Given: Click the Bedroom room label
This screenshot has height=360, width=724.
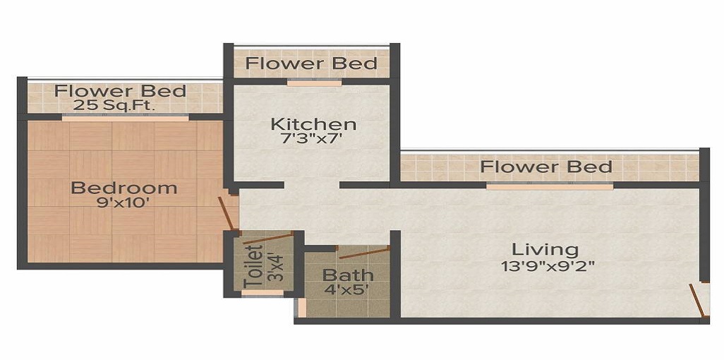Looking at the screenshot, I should pyautogui.click(x=124, y=188).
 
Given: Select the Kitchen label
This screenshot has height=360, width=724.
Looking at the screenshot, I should pyautogui.click(x=313, y=125).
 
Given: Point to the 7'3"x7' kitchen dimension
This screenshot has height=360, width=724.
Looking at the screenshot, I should pyautogui.click(x=313, y=140).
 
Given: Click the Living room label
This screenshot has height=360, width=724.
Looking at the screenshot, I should pyautogui.click(x=545, y=249).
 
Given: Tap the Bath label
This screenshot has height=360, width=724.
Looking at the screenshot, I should pyautogui.click(x=348, y=275).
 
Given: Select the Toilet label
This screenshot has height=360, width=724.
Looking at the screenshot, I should pyautogui.click(x=253, y=266).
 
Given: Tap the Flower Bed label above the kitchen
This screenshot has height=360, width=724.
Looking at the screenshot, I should pyautogui.click(x=311, y=64).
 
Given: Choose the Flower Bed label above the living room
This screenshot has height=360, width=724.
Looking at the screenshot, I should pyautogui.click(x=545, y=167).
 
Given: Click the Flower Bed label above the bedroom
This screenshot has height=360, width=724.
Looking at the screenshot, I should pyautogui.click(x=121, y=91).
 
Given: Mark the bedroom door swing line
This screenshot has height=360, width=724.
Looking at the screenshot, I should pyautogui.click(x=226, y=214).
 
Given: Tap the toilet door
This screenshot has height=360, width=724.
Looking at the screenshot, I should pyautogui.click(x=267, y=237).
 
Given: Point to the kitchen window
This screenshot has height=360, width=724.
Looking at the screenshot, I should pyautogui.click(x=314, y=83).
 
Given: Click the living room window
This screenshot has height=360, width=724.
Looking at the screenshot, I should pyautogui.click(x=550, y=187).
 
